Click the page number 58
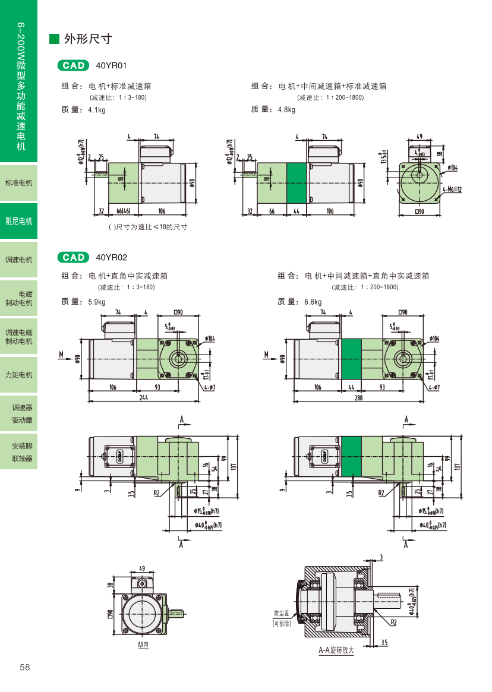(x=24, y=667)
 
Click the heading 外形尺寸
(x=88, y=39)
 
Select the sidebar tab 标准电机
(x=19, y=182)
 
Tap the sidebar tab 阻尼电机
(x=19, y=221)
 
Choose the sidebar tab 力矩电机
(x=19, y=375)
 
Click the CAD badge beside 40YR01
(x=73, y=65)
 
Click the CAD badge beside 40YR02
(x=73, y=257)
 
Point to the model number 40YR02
(x=111, y=257)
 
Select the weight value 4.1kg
(x=96, y=110)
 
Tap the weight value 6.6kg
(x=313, y=302)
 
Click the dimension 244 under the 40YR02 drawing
(x=144, y=399)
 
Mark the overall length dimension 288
(x=358, y=399)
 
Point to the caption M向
(x=143, y=644)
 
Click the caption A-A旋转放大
(x=336, y=650)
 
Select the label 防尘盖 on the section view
(x=281, y=613)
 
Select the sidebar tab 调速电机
(x=19, y=260)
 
